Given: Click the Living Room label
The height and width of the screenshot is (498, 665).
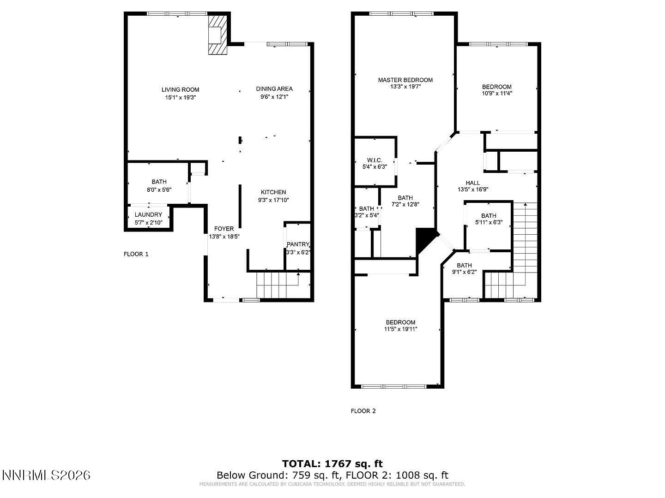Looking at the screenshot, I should [180, 89].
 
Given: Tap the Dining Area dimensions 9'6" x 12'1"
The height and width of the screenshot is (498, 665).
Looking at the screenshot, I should [274, 97].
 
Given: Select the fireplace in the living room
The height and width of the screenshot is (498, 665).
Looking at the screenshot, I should [216, 36].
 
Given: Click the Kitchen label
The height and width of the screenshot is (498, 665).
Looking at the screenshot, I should [273, 192].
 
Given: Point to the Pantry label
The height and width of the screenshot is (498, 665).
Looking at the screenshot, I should [298, 244].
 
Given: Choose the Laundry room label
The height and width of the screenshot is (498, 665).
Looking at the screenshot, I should [148, 215].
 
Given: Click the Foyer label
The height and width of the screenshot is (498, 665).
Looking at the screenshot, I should [224, 229].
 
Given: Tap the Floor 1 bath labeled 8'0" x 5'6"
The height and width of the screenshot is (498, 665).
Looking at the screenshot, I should [159, 182].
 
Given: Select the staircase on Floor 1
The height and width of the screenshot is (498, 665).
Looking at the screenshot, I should [277, 285].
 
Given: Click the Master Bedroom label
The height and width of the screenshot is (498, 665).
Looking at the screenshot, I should [405, 80].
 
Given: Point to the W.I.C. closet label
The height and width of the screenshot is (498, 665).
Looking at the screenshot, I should [375, 160].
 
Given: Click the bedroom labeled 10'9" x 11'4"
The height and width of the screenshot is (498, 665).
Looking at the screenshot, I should [496, 87].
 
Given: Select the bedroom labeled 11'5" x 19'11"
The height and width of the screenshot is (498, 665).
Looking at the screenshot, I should [400, 322].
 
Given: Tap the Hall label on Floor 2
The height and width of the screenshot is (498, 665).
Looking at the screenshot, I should [472, 183].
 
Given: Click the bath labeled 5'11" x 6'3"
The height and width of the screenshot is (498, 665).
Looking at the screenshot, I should [489, 216].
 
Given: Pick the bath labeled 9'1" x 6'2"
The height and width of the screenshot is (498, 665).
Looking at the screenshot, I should [464, 265].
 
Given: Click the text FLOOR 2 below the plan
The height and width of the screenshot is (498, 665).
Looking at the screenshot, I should [363, 411].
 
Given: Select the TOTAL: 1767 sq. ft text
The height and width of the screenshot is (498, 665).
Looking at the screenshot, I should [332, 464].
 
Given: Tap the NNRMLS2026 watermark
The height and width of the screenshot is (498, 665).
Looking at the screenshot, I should [46, 475].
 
